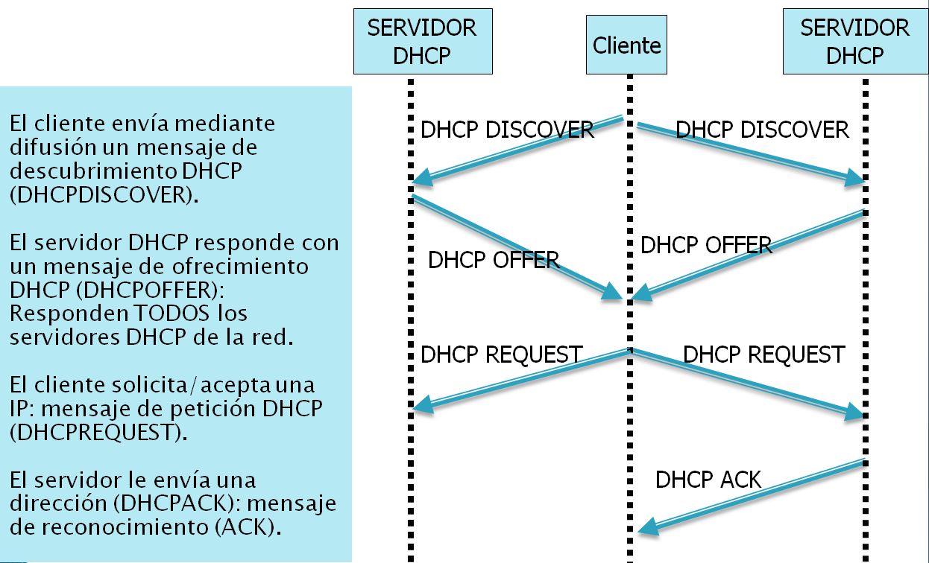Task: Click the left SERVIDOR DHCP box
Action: pos(422,42)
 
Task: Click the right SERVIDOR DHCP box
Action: pos(854,42)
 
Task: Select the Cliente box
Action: pos(626,46)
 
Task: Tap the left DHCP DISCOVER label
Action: pos(507,130)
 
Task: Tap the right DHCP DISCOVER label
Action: pos(762,130)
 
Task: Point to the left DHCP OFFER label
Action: pos(494,260)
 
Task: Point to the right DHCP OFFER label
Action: pos(706,245)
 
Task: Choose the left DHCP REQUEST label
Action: pos(501,354)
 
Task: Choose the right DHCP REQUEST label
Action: pos(763,354)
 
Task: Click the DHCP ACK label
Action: pos(708,480)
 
